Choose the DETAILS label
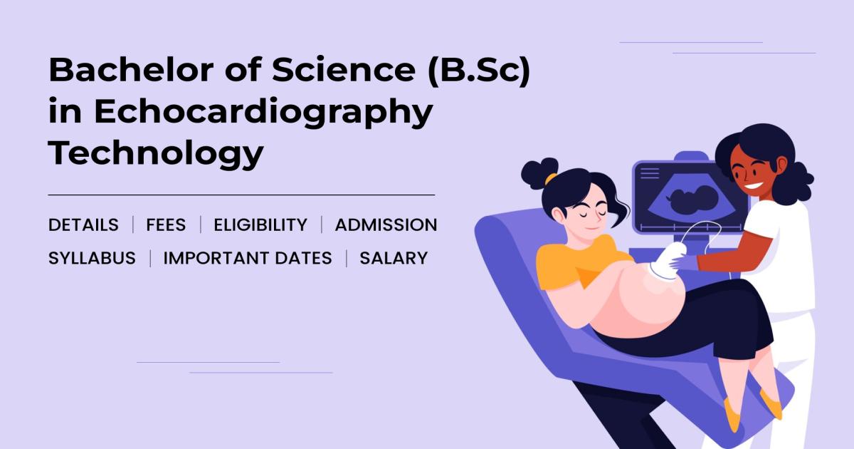(83, 225)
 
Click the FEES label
(166, 225)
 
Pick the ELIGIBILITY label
(260, 225)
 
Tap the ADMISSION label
(386, 225)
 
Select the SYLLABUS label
(92, 258)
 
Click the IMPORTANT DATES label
(248, 258)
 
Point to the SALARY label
(394, 258)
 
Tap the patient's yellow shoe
(732, 413)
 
